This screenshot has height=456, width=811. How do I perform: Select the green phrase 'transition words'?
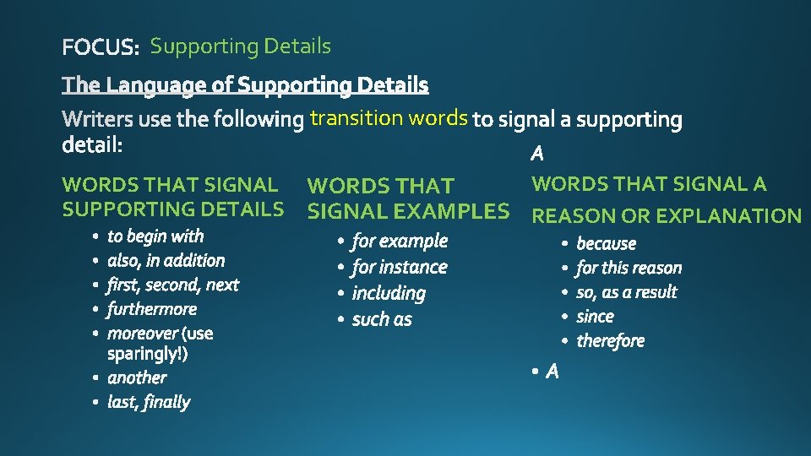tap(389, 117)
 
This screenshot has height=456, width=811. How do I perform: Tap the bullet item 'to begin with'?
tap(155, 236)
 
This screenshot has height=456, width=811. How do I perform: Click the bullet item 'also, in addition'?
tap(166, 261)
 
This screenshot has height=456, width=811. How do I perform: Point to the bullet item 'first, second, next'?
tap(173, 285)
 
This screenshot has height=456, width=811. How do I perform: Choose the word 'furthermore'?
tap(152, 309)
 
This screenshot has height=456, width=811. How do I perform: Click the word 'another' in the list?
tap(137, 377)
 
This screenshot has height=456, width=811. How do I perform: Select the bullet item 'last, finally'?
tap(149, 402)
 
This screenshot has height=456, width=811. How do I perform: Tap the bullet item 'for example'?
tap(400, 241)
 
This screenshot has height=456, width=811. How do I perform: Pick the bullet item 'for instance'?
tap(400, 267)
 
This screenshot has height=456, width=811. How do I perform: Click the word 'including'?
tap(389, 293)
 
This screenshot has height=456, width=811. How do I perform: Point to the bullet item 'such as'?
tap(382, 319)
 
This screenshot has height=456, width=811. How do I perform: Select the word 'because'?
tap(606, 243)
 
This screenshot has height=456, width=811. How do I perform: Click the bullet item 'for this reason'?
tap(629, 268)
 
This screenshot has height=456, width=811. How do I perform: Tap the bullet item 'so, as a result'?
tap(627, 292)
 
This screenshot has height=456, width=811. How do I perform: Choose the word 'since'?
tap(595, 317)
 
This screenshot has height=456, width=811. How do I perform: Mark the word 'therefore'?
tap(610, 341)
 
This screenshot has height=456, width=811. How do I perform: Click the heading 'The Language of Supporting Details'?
tap(246, 85)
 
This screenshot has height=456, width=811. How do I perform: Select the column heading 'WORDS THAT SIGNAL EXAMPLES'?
tap(408, 198)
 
